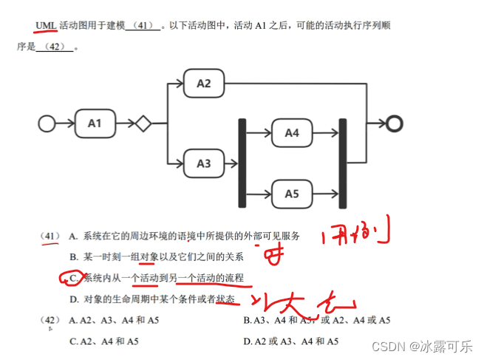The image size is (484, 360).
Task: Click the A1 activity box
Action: (x=95, y=123)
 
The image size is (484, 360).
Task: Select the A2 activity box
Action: (x=204, y=84)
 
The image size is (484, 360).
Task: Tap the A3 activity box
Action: (x=204, y=163)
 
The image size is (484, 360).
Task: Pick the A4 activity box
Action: (x=292, y=133)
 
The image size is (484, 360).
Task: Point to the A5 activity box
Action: (x=292, y=194)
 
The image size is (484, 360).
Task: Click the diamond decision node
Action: (x=143, y=123)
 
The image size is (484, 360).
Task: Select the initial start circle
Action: (x=47, y=123)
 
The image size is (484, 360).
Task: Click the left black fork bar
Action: (x=242, y=163)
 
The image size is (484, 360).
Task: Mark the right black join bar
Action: (x=342, y=163)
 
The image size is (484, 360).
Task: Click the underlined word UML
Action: (x=46, y=26)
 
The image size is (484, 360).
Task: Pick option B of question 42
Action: (x=316, y=321)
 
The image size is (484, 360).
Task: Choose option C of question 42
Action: (x=103, y=342)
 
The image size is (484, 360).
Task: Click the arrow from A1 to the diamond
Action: (x=124, y=123)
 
